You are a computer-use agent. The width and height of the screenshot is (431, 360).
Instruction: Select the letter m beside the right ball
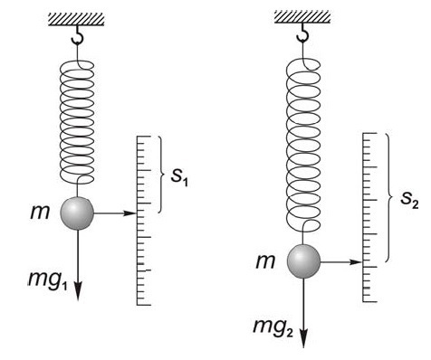(265, 261)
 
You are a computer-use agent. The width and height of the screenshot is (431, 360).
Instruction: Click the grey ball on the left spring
(77, 213)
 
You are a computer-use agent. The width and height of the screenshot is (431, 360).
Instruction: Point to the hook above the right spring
(303, 33)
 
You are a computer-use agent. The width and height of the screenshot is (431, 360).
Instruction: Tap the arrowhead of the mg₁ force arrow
(77, 292)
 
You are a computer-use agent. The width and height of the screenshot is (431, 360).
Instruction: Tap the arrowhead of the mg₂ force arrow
(304, 338)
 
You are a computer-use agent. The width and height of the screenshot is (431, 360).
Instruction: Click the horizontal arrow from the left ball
(115, 213)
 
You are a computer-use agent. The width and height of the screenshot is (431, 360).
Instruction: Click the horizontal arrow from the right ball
(343, 262)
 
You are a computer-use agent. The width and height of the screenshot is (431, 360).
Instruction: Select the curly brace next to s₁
(160, 174)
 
